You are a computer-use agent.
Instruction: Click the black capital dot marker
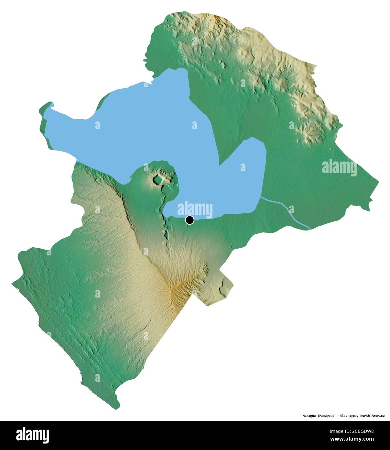tap(190, 220)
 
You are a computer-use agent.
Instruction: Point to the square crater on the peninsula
tap(159, 179)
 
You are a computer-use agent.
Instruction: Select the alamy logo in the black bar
tap(32, 435)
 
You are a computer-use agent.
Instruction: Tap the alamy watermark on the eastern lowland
tap(339, 168)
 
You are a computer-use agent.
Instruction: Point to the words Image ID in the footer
tap(337, 431)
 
